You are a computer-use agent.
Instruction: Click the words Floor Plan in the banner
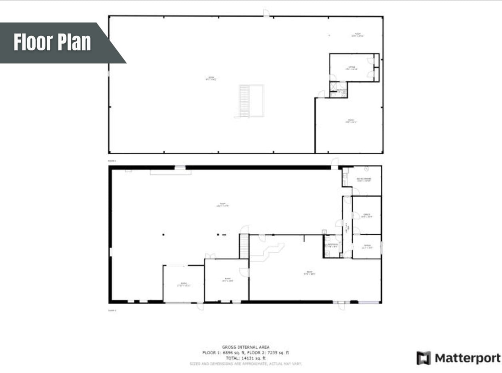(52, 42)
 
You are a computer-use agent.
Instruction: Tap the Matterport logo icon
(424, 358)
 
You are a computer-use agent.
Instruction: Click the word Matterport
(467, 358)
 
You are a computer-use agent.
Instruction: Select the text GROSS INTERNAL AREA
(246, 347)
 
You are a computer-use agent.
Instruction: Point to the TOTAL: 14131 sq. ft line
(246, 358)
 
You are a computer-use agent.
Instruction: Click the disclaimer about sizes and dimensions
(246, 364)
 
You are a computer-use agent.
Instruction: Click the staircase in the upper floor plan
(244, 101)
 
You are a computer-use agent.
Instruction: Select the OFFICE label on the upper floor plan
(352, 68)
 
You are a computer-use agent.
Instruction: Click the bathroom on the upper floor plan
(338, 90)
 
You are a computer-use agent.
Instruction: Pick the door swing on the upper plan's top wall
(266, 13)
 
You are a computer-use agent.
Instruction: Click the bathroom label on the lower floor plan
(333, 245)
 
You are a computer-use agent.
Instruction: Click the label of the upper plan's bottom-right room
(350, 121)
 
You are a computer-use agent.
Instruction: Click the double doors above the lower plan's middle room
(210, 256)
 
